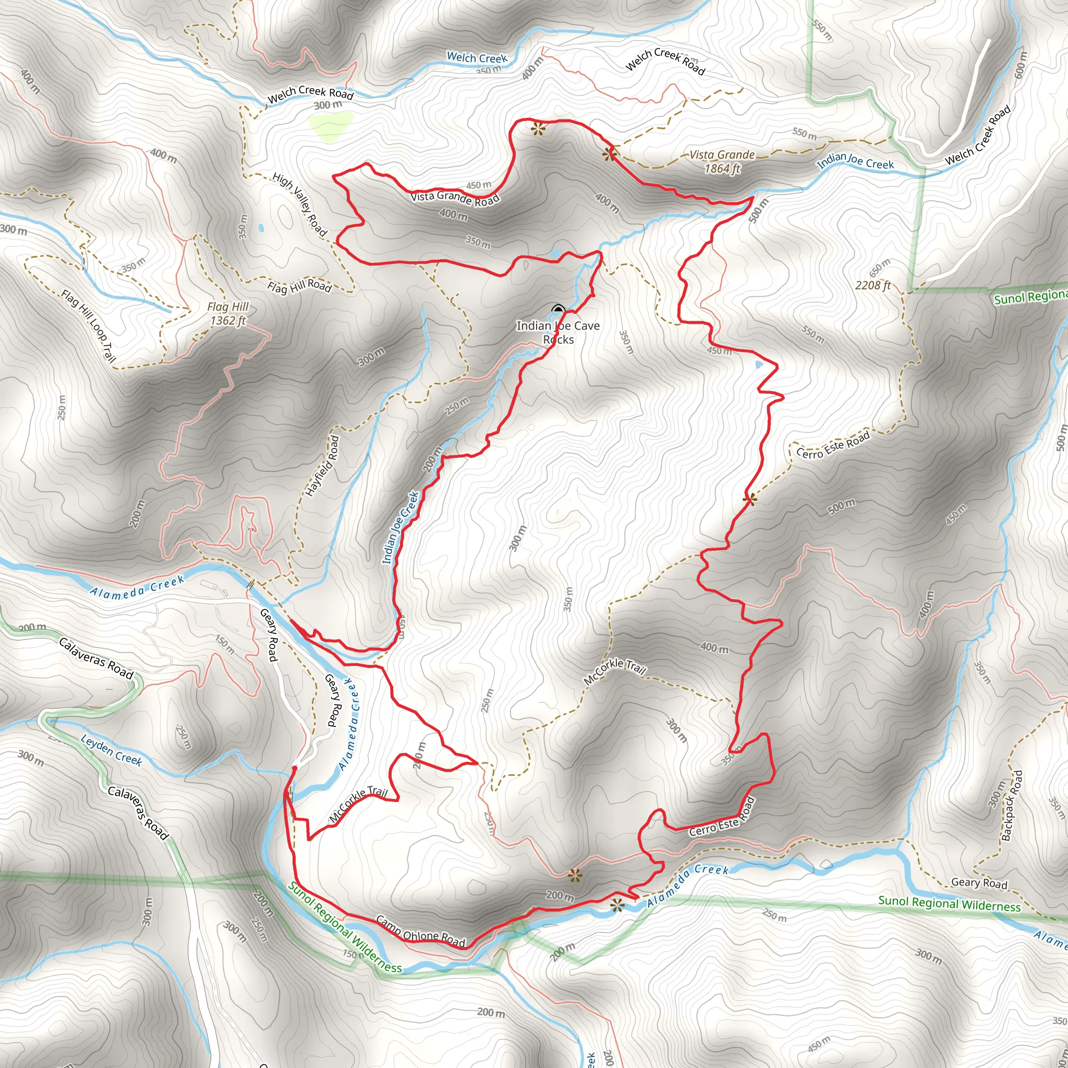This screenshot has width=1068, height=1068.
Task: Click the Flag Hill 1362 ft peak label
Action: coord(228,313)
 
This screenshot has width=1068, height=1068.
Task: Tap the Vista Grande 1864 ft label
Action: coord(722,162)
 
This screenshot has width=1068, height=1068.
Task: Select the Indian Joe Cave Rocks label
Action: coord(558,332)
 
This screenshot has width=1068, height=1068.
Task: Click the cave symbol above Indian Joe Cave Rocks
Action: coord(558,309)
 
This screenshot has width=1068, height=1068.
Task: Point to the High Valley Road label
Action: coord(300,204)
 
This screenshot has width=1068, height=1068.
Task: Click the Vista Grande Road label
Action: coord(454,197)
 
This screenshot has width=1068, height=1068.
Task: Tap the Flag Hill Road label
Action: coord(299,286)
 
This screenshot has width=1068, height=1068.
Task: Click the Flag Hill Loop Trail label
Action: coord(89,325)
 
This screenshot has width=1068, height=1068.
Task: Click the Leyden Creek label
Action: coord(111,750)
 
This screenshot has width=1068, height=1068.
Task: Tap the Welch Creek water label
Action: coord(477,57)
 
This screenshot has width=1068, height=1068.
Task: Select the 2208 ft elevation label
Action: coord(873,285)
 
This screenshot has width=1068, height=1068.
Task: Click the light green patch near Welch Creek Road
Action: coord(331,126)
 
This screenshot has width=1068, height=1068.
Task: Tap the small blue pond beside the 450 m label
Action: coord(758,365)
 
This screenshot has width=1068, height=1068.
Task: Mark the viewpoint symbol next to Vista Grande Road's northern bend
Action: coord(537,130)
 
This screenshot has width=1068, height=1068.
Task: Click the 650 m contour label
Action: coord(880,268)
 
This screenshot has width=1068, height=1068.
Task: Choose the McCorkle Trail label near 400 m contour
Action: coord(615,672)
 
